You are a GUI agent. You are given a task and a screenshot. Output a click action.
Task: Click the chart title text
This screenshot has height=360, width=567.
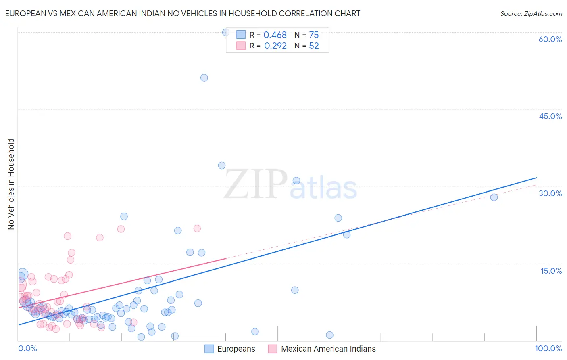tap(182, 13)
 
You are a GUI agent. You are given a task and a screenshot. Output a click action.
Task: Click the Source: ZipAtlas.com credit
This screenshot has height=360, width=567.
tap(531, 13)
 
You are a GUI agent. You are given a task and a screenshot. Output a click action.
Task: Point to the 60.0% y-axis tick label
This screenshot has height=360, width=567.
tap(550, 39)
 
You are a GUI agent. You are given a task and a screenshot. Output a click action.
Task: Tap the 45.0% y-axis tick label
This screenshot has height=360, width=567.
tap(550, 116)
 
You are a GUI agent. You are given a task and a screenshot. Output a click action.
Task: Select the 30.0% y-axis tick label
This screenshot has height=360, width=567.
tap(550, 193)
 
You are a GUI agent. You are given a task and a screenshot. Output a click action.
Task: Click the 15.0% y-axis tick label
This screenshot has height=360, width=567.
tap(551, 271)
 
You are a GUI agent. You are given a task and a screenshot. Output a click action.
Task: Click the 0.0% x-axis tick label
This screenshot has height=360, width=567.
tap(27, 348)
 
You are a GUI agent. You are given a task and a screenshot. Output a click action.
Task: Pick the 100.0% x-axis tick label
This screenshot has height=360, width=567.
tap(548, 348)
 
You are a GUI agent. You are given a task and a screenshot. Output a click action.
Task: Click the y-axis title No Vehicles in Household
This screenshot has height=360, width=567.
tap(11, 184)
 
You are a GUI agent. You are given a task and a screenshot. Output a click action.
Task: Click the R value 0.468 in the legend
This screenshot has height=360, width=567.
tap(275, 35)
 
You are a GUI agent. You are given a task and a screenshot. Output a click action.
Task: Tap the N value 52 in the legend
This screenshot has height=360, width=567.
tap(314, 46)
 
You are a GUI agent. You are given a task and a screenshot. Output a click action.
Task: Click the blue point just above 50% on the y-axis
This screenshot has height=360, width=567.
tap(204, 77)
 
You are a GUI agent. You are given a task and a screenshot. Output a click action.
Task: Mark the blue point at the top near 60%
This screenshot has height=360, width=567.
tap(226, 32)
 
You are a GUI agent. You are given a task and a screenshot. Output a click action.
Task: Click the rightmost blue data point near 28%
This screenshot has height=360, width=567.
tap(494, 197)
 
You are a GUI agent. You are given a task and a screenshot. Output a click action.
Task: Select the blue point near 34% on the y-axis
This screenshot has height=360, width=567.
tap(222, 165)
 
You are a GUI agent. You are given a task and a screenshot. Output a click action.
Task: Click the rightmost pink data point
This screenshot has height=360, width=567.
tap(197, 228)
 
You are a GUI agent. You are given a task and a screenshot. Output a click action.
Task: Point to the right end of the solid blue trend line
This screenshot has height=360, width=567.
tap(536, 178)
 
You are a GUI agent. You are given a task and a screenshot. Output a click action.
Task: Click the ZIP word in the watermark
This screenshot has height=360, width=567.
tap(256, 184)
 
